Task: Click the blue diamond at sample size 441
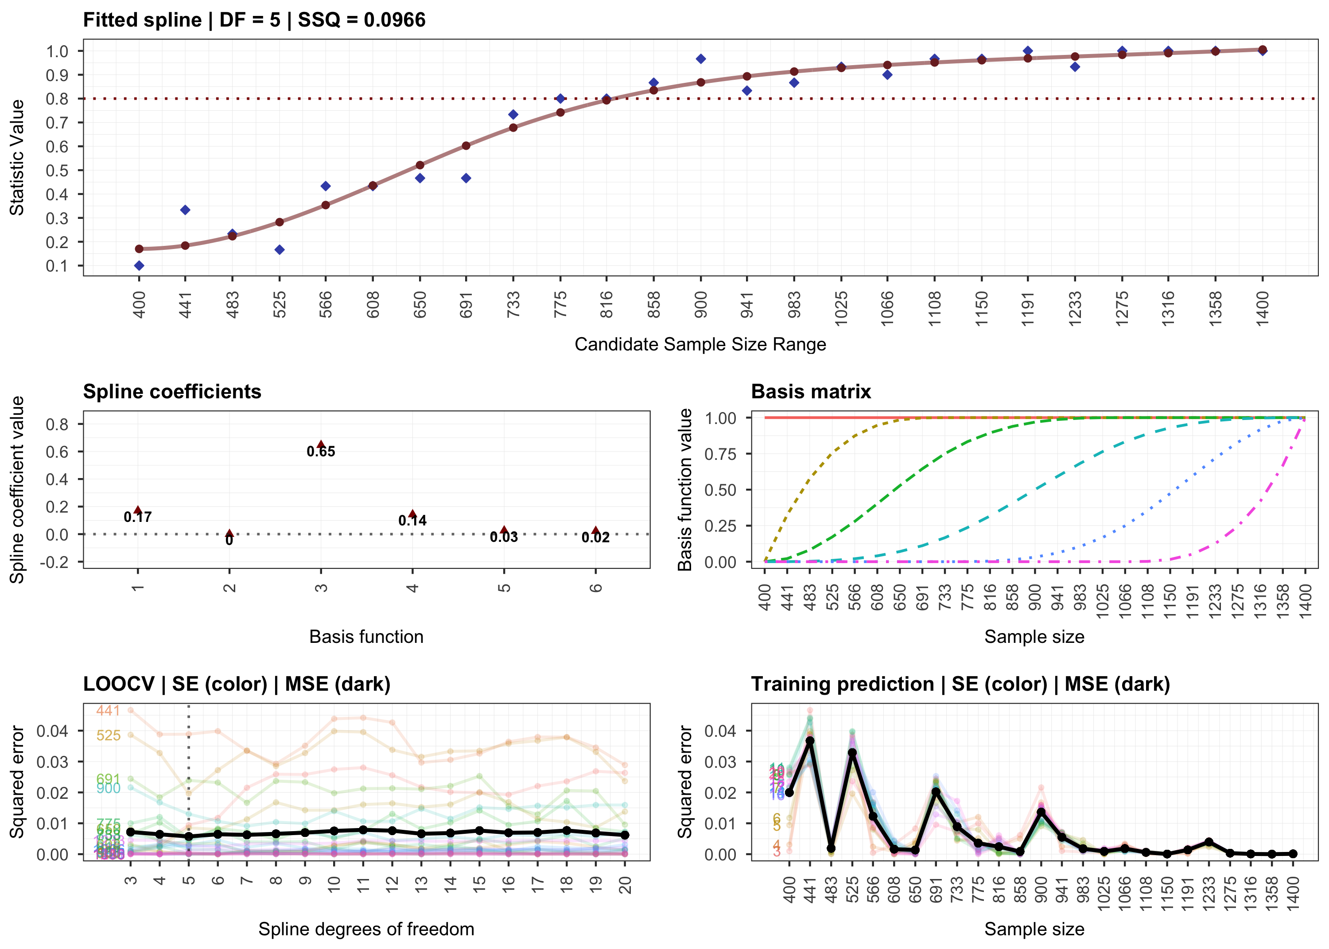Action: [x=185, y=210]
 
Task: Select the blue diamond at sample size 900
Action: [x=701, y=59]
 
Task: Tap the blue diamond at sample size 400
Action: [x=139, y=266]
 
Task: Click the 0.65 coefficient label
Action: [x=321, y=452]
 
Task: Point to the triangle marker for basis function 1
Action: [x=138, y=510]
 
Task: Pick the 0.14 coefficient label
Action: [x=412, y=521]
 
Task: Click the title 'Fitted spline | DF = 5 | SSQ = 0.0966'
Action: [x=254, y=20]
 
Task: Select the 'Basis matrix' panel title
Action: [x=811, y=392]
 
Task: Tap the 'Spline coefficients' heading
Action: [x=172, y=392]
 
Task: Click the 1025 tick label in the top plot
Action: [x=841, y=304]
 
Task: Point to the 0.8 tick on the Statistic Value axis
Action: [x=57, y=99]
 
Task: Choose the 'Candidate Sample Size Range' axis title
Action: [x=700, y=344]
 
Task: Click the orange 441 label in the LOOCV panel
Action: [x=108, y=711]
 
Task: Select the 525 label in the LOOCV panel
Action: [x=108, y=735]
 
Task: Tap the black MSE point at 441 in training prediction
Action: [x=810, y=741]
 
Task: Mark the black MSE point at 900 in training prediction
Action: [x=1041, y=813]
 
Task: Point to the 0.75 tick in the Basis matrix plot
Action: [x=720, y=454]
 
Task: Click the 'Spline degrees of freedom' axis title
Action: [x=366, y=929]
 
